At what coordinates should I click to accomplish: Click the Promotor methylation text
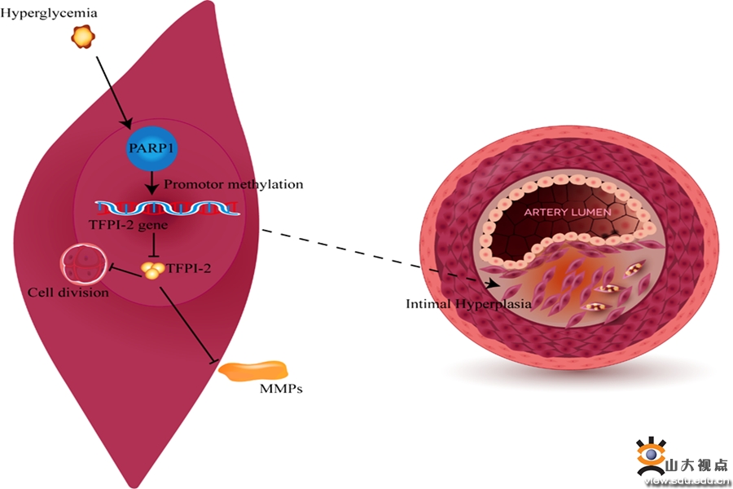[234, 184]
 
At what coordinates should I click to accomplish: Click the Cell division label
[68, 292]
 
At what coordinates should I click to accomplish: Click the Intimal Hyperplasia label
[468, 304]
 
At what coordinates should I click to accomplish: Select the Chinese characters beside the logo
[697, 466]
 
